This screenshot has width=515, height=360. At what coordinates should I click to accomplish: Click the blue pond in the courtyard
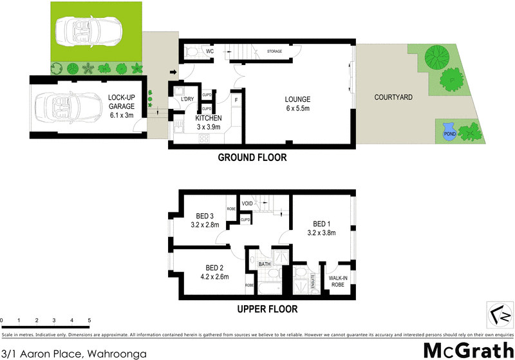click(449, 133)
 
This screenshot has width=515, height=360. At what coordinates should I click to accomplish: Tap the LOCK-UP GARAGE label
click(122, 104)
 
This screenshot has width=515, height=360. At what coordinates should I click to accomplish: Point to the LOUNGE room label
click(298, 100)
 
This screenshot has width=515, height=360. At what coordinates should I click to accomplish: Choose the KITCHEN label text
click(209, 118)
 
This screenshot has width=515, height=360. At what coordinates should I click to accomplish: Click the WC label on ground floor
click(209, 50)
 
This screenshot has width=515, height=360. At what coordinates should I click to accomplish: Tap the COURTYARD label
click(393, 97)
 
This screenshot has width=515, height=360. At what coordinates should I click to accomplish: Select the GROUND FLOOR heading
click(252, 158)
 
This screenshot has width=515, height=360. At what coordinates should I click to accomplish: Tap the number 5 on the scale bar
click(89, 320)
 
